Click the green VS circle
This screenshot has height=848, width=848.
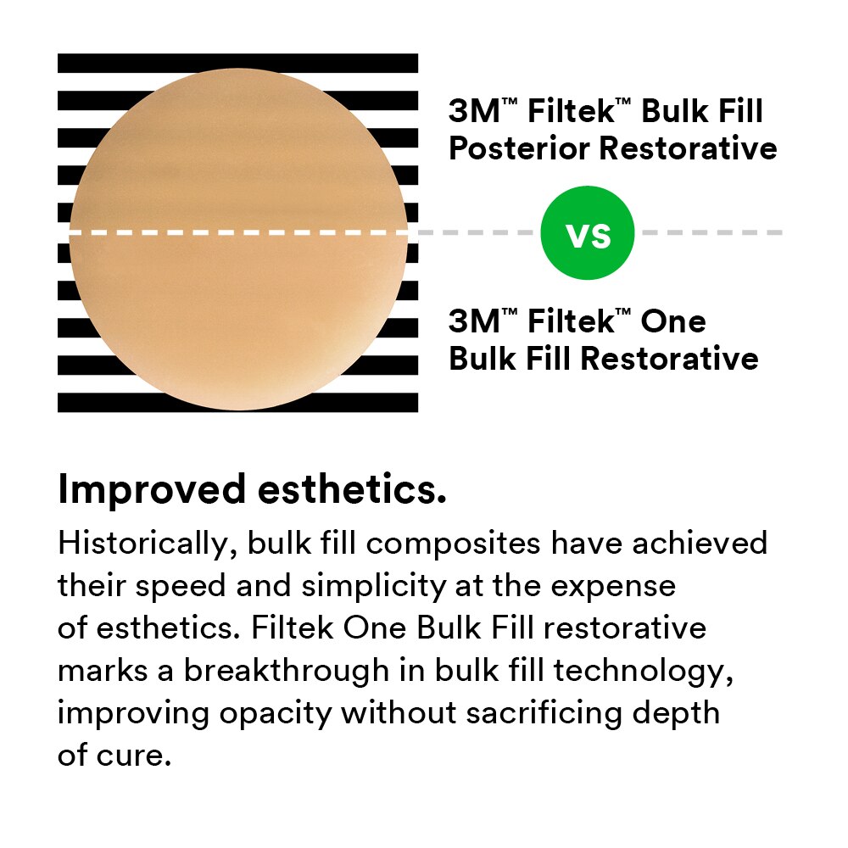click(x=587, y=233)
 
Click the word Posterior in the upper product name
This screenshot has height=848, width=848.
click(x=519, y=148)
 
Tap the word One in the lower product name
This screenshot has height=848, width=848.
click(x=673, y=322)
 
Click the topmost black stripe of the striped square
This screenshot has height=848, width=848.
click(x=237, y=63)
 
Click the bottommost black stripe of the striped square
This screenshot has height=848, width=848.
click(x=237, y=403)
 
